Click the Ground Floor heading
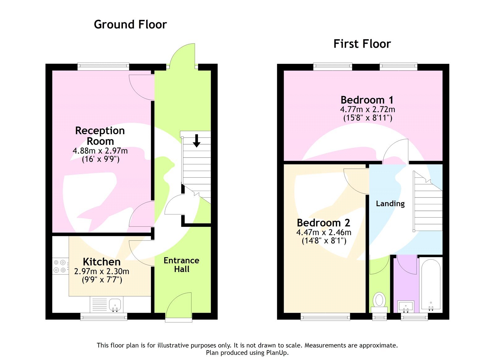coord(130,24)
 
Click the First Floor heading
coord(362,44)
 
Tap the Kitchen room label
coord(101,262)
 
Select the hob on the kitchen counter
coord(60,266)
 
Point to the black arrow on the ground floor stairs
coord(196,141)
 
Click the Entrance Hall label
coord(181,265)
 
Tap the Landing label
coord(390,204)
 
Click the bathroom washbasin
coord(406,307)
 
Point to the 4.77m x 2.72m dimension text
coord(367,110)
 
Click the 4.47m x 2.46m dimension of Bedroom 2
coord(324,232)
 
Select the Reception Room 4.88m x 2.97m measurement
coord(100,151)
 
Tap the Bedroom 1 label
coord(367,100)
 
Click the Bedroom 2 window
coord(325,316)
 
